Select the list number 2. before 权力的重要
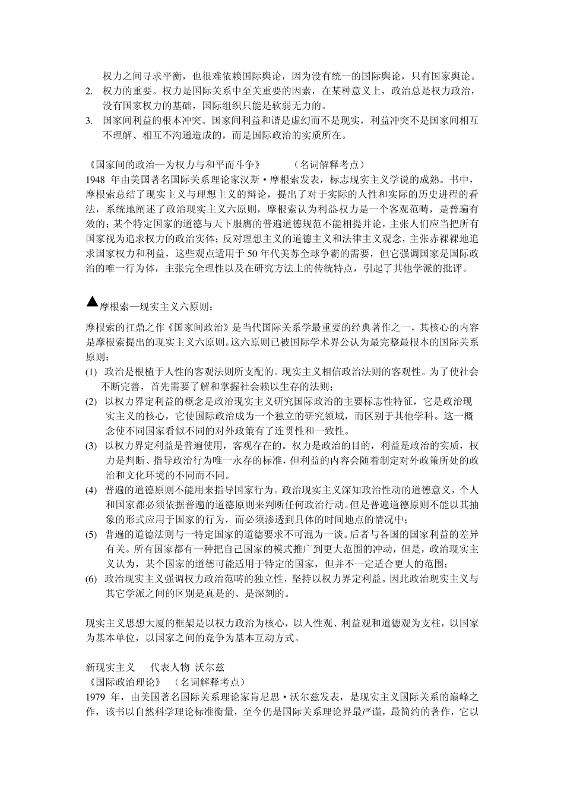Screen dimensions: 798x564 (89, 91)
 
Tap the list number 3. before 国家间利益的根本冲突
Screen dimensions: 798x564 (89, 120)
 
